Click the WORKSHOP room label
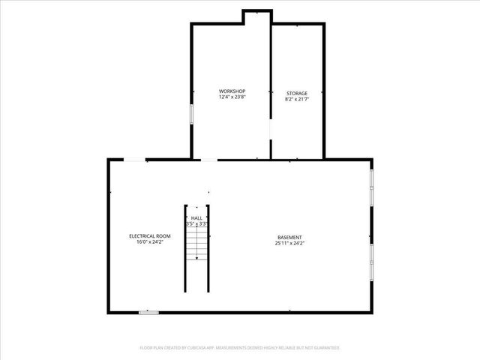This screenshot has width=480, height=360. [x=232, y=92]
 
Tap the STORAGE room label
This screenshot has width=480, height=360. [x=296, y=93]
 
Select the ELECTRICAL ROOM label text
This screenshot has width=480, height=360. [x=149, y=236]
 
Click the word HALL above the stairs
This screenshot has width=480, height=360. [x=196, y=217]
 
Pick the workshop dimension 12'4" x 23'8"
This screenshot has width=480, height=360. [x=232, y=97]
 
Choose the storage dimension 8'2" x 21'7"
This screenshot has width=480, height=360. [x=296, y=98]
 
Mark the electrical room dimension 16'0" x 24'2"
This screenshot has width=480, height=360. [x=149, y=242]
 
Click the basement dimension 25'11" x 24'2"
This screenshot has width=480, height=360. [x=289, y=243]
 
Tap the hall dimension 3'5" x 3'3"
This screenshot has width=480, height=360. [x=196, y=223]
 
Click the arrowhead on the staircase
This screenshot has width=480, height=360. [x=196, y=257]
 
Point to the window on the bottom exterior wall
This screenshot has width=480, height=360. [x=148, y=312]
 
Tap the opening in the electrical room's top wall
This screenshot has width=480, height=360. [x=135, y=159]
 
